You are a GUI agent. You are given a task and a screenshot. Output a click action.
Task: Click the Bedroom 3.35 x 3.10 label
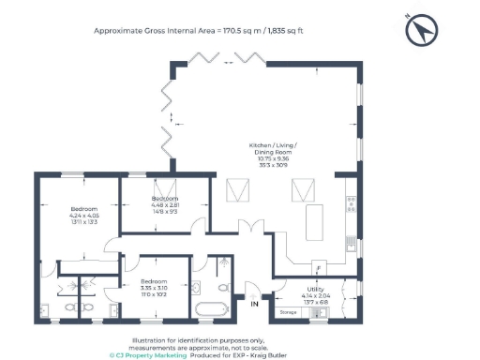pyautogui.click(x=153, y=287)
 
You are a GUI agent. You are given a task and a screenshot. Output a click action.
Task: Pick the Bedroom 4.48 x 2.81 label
pyautogui.click(x=166, y=205)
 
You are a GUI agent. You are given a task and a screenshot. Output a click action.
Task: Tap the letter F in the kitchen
pyautogui.click(x=318, y=268)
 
